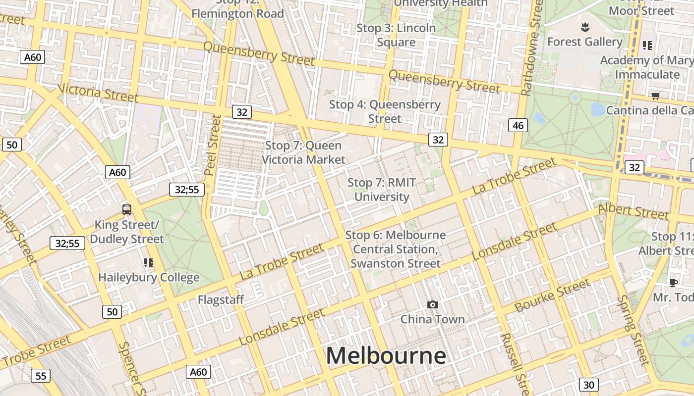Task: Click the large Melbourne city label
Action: (386, 356)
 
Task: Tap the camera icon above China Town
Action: (433, 304)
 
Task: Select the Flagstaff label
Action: (221, 299)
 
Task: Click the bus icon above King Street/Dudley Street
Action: (127, 209)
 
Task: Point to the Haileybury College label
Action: (149, 277)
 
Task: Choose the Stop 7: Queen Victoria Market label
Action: (303, 152)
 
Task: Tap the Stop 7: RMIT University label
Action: (382, 190)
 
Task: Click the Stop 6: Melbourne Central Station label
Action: (396, 249)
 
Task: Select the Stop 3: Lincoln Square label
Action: (396, 35)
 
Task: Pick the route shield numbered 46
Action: (518, 126)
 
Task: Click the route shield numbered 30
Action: (588, 385)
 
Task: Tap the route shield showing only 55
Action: (41, 376)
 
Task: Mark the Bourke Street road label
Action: (553, 296)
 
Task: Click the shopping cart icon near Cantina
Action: (655, 96)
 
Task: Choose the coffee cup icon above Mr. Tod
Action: (673, 283)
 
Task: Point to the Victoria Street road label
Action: (98, 93)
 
